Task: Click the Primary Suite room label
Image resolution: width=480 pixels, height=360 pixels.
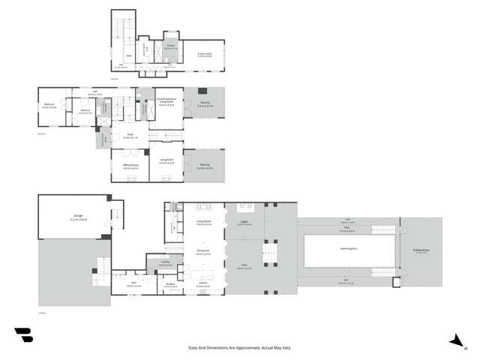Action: pos(205,54)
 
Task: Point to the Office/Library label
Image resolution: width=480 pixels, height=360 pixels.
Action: pos(130,164)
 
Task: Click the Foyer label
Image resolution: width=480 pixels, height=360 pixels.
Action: pos(129,136)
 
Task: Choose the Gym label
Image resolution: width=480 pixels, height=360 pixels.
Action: pos(133,284)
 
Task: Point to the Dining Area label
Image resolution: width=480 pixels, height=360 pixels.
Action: pos(202,252)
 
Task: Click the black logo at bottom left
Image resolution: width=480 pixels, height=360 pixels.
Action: pos(23,336)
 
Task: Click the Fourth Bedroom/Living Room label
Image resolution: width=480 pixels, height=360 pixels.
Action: pos(166,103)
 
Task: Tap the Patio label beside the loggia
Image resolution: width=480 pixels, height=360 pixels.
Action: pos(244,266)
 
